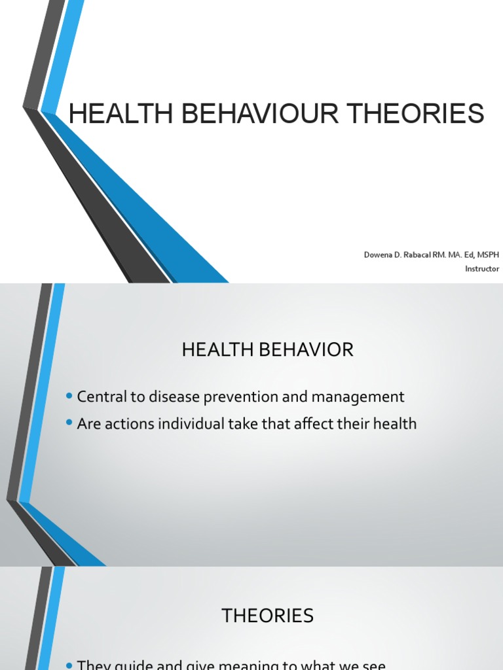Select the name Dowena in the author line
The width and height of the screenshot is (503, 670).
(378, 254)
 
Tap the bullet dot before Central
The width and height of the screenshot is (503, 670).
(69, 397)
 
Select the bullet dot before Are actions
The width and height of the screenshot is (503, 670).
(69, 424)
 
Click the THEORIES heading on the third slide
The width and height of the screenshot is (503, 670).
(267, 616)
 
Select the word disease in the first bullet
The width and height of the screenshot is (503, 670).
(164, 397)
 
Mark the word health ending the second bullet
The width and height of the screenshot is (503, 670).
(395, 424)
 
